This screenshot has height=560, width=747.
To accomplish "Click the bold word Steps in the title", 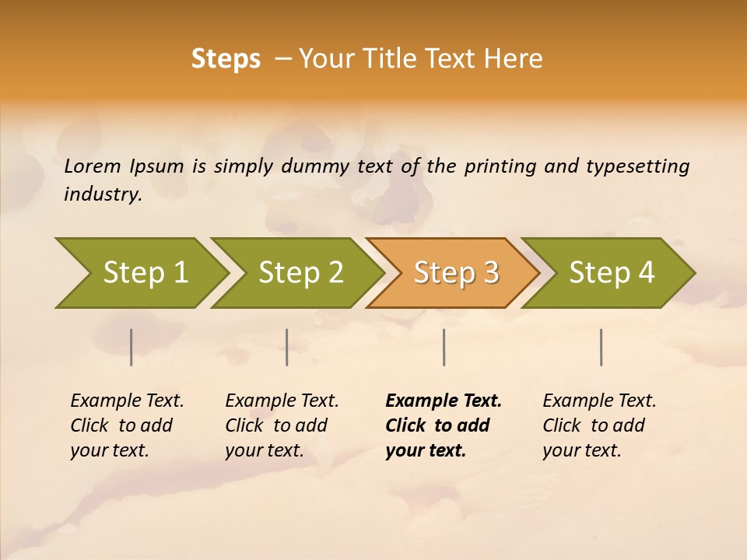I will coord(226,59).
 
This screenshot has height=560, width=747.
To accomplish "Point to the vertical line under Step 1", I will coord(132,347).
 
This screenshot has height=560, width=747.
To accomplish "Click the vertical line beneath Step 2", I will coord(287,347).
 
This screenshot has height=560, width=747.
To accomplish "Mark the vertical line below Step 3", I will coord(444,347).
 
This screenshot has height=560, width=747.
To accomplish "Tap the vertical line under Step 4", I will coord(601,347).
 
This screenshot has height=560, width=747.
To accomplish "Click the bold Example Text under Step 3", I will coord(444,401).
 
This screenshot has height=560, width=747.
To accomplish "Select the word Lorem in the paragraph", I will coord(93,166).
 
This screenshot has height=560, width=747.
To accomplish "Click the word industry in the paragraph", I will coord(103,194).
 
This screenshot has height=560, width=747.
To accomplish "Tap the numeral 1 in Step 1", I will coord(180,273).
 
